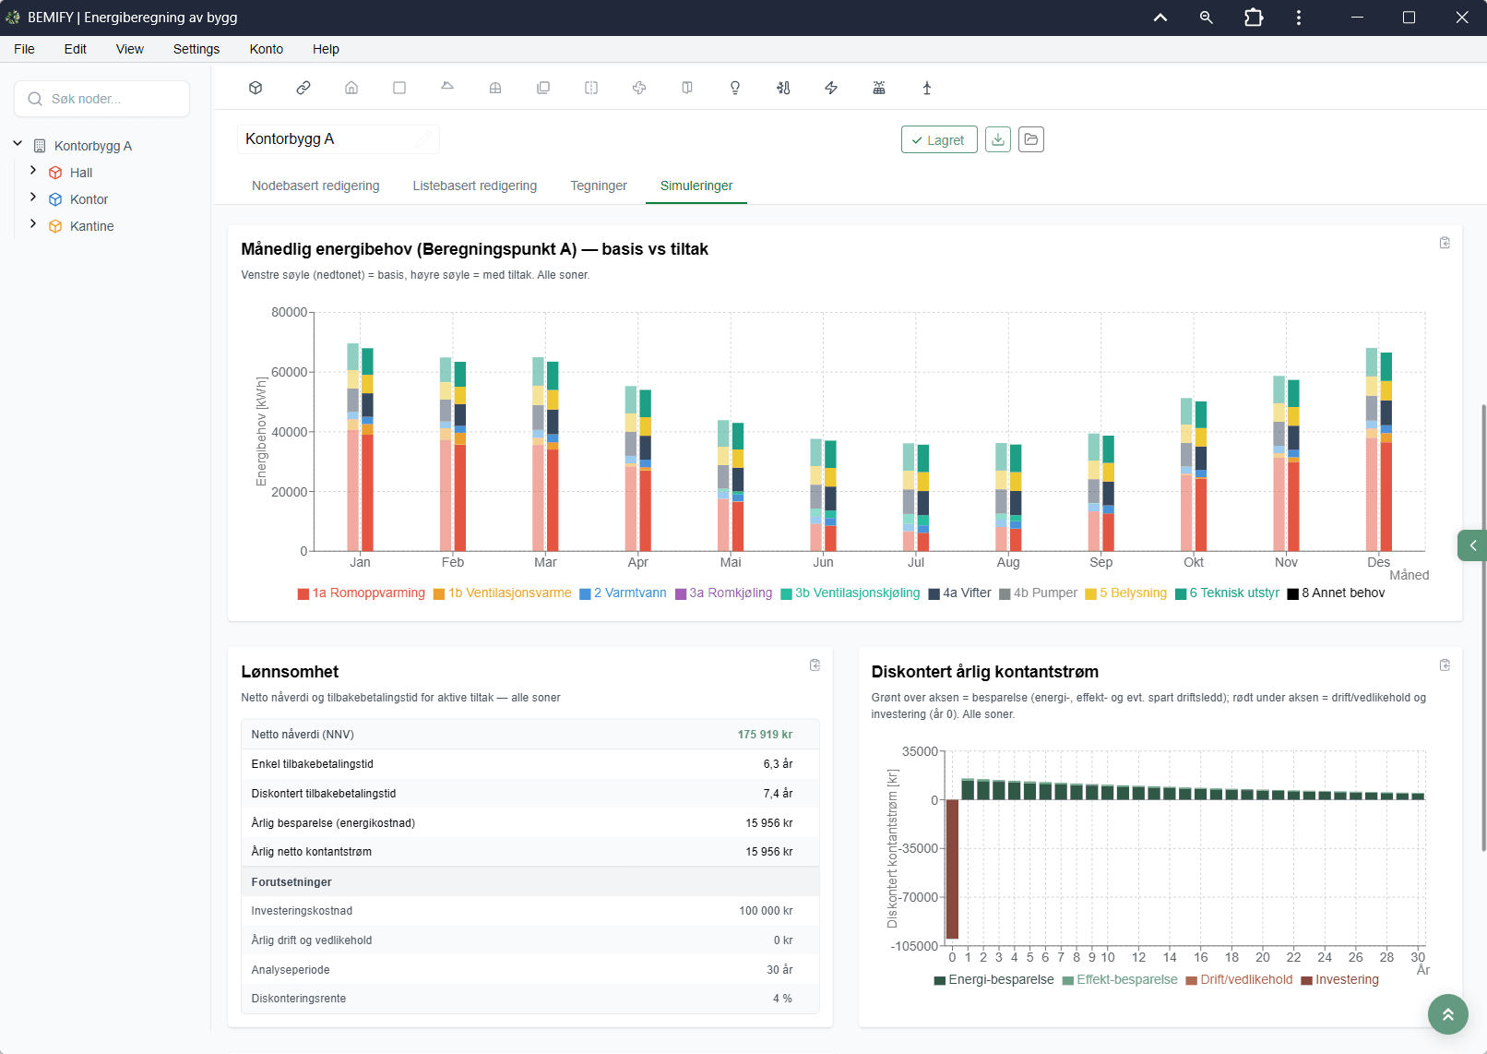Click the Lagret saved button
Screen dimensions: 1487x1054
[x=939, y=139]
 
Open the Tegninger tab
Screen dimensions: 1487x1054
[x=598, y=186]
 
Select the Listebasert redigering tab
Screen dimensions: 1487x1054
[x=475, y=186]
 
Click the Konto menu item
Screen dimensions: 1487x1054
[x=267, y=49]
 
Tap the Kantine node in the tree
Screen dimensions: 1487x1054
[x=91, y=226]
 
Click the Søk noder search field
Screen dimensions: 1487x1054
[x=102, y=99]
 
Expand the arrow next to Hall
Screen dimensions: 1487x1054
[x=33, y=171]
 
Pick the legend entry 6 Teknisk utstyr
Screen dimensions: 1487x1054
[x=1227, y=593]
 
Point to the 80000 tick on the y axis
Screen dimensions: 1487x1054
[x=289, y=312]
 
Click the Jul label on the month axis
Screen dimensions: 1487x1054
[x=915, y=562]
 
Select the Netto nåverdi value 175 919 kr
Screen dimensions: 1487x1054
[x=765, y=735]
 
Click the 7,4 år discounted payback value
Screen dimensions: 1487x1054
[x=778, y=793]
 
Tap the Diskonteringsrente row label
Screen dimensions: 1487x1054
[x=299, y=999]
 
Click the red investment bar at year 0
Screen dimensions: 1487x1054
[x=952, y=868]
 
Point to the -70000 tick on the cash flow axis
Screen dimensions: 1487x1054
[x=919, y=897]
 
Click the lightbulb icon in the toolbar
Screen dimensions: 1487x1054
[x=735, y=88]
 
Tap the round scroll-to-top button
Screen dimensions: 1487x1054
[x=1448, y=1014]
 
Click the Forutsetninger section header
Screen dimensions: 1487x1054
[x=291, y=882]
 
